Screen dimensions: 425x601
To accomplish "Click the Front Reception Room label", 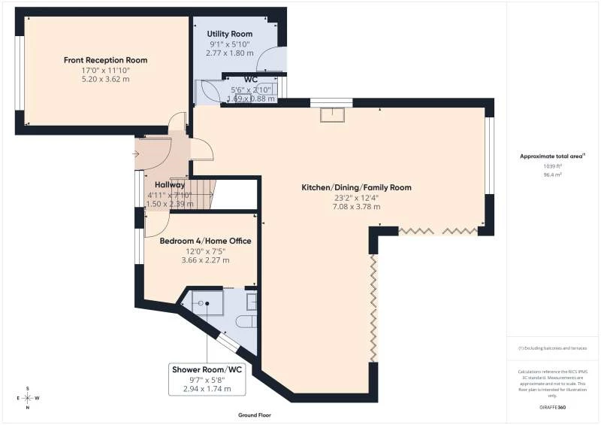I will click(x=106, y=60).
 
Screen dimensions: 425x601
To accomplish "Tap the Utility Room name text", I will click(x=230, y=35).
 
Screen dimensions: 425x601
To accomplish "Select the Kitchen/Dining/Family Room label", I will click(x=356, y=187).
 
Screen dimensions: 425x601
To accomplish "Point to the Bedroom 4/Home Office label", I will click(x=205, y=241).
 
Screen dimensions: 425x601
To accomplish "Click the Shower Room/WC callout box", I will click(x=207, y=379).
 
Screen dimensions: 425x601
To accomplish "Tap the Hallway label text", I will click(x=170, y=184).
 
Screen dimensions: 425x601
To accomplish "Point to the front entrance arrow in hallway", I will click(x=136, y=154).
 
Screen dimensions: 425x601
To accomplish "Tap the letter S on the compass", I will click(x=28, y=388).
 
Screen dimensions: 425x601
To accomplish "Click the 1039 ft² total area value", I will click(x=552, y=165).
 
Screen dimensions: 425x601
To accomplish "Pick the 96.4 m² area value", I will click(x=552, y=173).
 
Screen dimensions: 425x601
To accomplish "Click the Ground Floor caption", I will click(x=254, y=414).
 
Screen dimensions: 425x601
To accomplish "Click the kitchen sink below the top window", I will click(x=331, y=114).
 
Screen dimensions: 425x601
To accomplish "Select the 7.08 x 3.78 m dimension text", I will click(x=356, y=207).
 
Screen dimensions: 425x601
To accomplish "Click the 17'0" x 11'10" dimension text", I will click(x=106, y=70).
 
